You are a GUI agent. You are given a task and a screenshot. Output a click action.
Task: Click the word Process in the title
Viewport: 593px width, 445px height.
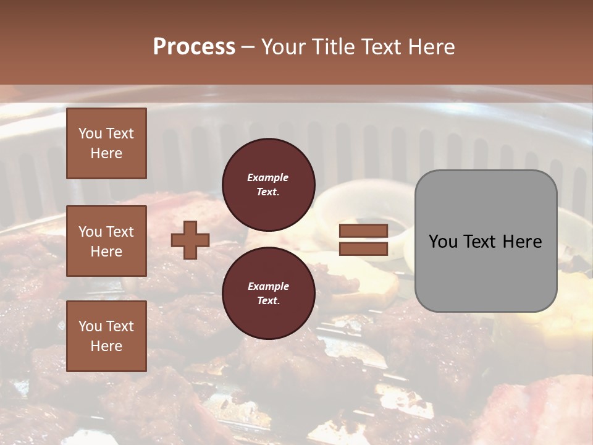click(x=194, y=47)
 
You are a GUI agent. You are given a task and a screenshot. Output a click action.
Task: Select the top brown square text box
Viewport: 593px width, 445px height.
click(x=106, y=143)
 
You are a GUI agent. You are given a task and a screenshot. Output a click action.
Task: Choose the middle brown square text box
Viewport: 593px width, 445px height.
click(x=106, y=241)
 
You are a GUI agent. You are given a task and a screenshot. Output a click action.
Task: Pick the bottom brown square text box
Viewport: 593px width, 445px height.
click(x=106, y=336)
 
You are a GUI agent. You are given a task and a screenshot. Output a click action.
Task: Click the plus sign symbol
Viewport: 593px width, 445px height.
click(x=190, y=240)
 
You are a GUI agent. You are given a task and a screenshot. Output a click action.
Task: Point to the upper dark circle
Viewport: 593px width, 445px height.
click(x=268, y=185)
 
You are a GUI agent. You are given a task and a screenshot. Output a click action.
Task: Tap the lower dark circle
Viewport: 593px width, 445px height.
click(x=268, y=293)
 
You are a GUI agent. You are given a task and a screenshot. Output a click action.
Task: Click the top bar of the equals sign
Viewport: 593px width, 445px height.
click(x=363, y=231)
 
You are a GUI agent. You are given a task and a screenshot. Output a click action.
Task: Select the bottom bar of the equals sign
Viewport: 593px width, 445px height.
click(x=363, y=248)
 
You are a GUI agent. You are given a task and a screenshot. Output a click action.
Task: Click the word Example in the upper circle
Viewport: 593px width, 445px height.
click(x=268, y=178)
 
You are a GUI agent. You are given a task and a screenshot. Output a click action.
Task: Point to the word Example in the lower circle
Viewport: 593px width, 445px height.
click(x=268, y=287)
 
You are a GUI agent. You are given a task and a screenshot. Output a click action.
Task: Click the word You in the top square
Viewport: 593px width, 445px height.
click(x=90, y=134)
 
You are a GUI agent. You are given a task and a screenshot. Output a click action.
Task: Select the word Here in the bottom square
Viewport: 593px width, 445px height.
click(x=106, y=346)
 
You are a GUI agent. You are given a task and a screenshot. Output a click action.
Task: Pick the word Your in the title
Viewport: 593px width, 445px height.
click(x=285, y=47)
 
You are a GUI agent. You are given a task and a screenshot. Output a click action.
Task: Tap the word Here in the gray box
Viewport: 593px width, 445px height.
click(x=522, y=242)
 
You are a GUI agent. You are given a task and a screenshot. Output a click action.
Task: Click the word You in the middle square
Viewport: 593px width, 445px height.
click(x=90, y=232)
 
